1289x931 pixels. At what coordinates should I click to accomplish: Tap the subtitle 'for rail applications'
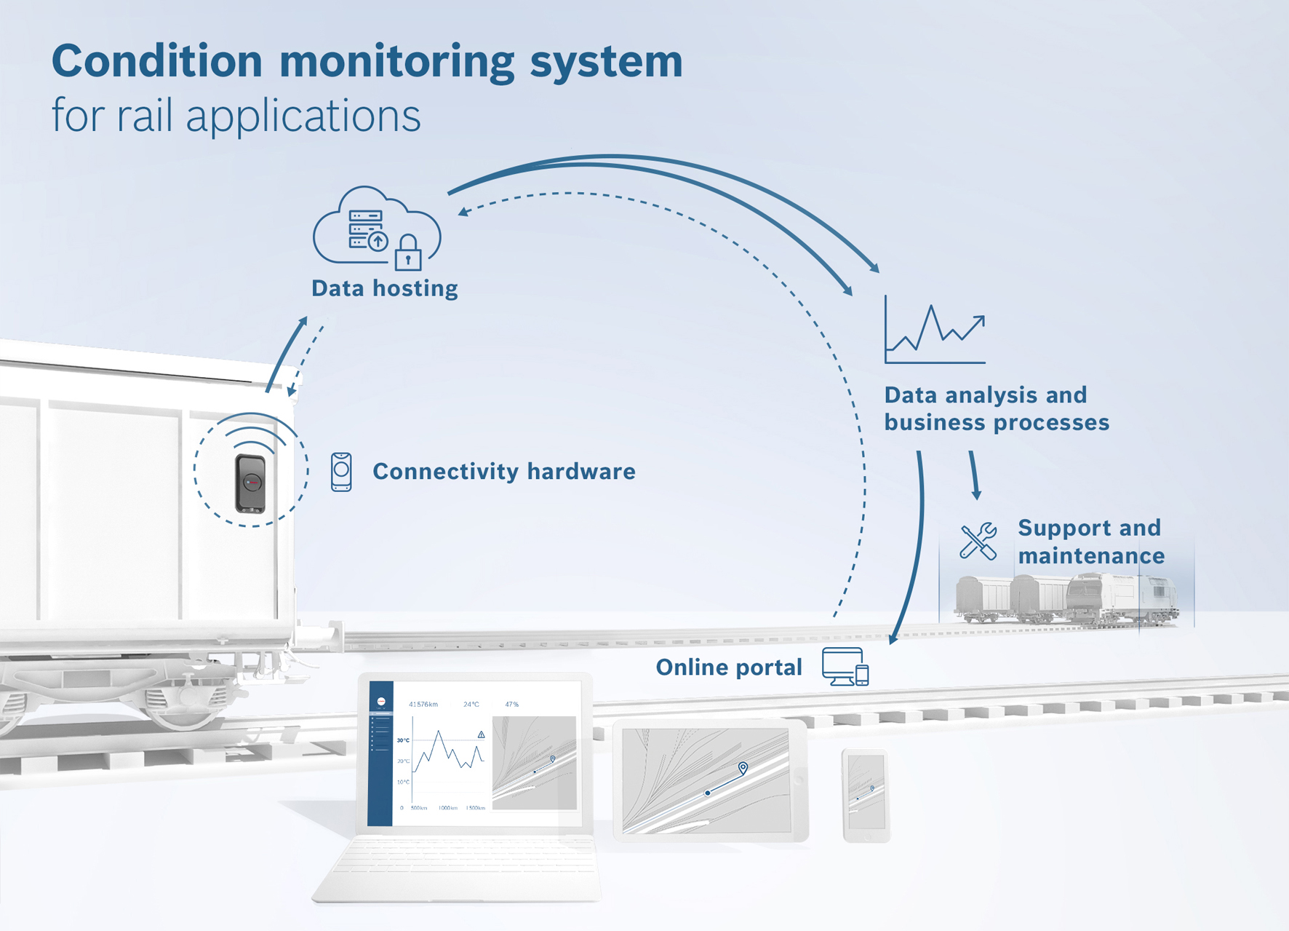point(236,116)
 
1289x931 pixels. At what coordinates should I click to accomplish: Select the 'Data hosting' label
point(384,288)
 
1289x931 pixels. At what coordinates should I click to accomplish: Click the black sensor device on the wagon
point(250,483)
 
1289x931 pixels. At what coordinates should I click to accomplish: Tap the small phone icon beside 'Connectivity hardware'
point(341,472)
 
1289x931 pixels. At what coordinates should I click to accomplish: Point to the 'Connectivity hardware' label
point(503,472)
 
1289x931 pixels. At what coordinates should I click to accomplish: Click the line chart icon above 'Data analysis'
point(935,331)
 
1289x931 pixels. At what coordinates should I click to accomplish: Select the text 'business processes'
point(996,422)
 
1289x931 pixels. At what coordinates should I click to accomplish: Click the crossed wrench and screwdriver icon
point(978,542)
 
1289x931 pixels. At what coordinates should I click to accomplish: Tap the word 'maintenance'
point(1090,556)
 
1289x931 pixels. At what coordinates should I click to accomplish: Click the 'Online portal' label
point(728,667)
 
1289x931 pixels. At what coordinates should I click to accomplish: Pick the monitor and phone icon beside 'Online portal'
point(845,667)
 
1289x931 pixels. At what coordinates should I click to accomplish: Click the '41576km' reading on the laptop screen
point(423,705)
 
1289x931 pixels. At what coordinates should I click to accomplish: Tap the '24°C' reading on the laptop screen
point(471,705)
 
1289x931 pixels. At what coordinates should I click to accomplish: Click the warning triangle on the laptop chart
point(481,735)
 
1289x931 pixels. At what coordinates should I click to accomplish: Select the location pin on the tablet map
point(743,768)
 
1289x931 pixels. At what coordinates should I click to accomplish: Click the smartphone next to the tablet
point(866,795)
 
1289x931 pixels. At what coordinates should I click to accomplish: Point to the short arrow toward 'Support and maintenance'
point(974,475)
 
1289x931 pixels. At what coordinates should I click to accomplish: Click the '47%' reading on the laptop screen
point(512,705)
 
